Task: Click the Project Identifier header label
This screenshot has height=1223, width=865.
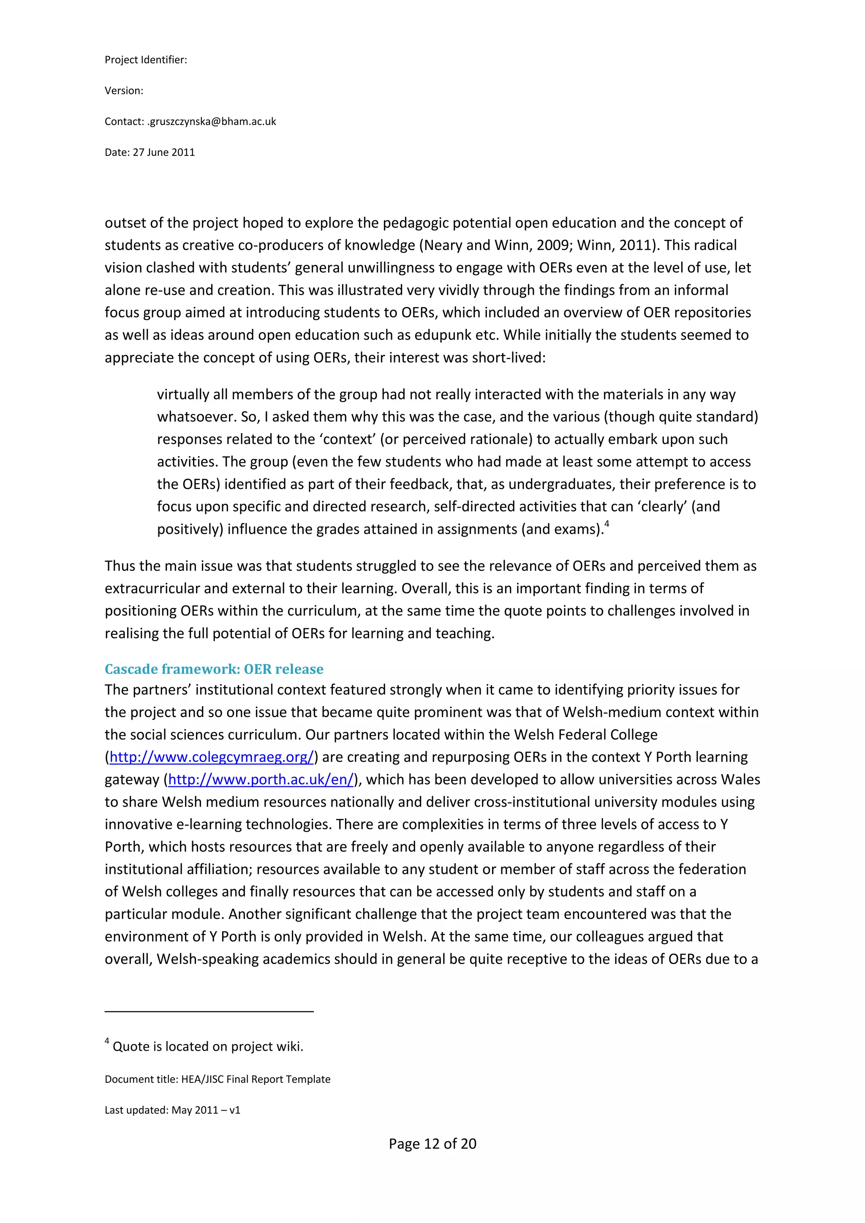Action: [x=145, y=60]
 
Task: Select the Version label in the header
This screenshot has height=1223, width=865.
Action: [x=124, y=90]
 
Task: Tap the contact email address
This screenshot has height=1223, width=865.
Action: [x=212, y=122]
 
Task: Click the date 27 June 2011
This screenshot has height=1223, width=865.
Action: [x=163, y=152]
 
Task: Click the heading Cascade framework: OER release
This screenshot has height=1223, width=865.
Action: [x=214, y=669]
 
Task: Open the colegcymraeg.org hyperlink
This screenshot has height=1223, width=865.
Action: [x=212, y=757]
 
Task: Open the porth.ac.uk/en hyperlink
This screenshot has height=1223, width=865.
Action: [x=261, y=779]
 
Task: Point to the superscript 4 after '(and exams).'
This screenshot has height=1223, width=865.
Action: [x=607, y=524]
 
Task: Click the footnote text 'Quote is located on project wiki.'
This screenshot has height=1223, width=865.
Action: [x=208, y=1046]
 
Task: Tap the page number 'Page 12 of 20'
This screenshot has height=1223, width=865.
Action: [x=432, y=1144]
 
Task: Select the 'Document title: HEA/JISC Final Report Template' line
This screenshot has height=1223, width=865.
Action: [x=218, y=1079]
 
